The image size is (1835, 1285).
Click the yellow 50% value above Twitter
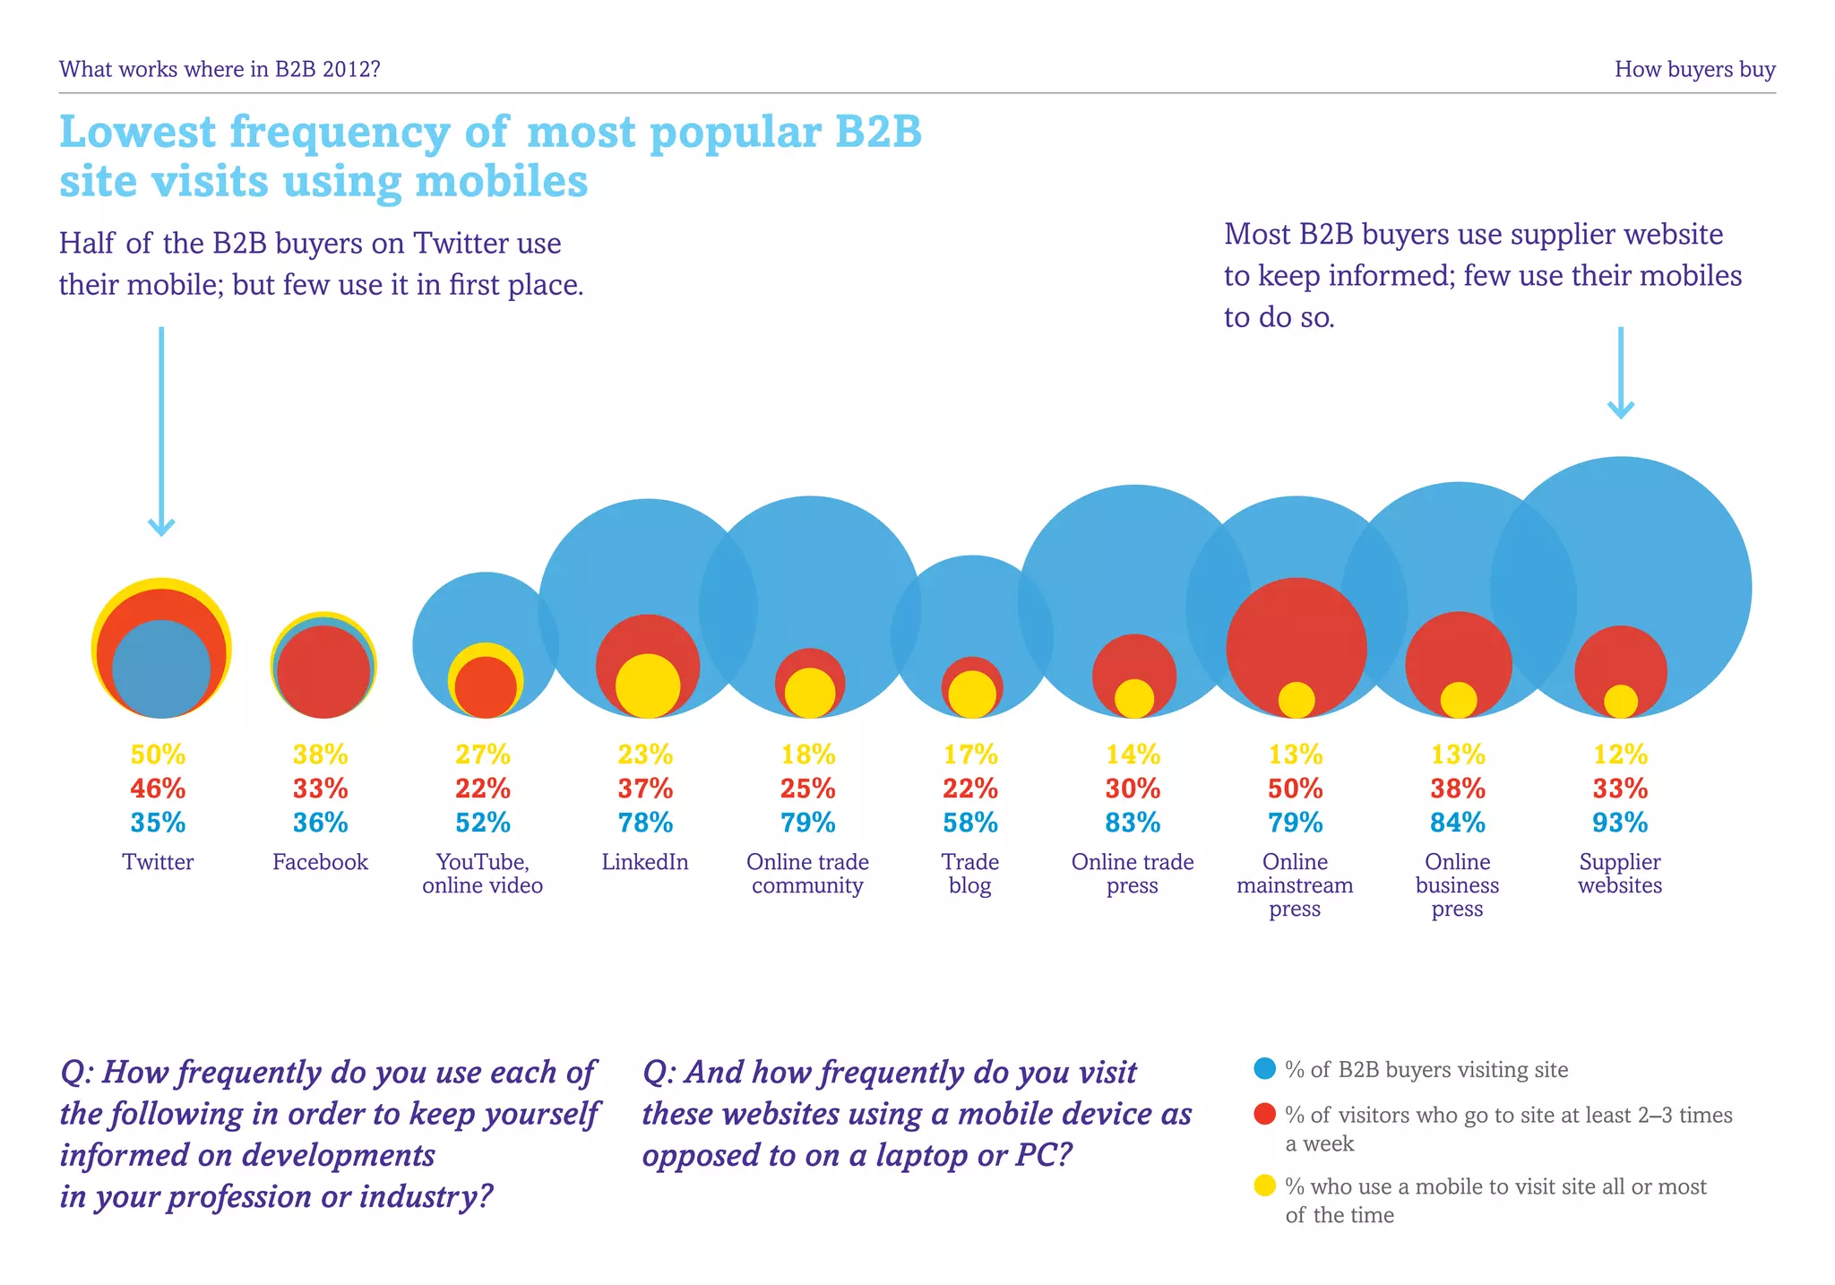[x=158, y=755]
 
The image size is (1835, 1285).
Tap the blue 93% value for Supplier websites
[x=1620, y=823]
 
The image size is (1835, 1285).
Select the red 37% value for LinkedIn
[x=645, y=789]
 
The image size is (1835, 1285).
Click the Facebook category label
[x=320, y=862]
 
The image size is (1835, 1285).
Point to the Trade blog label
[x=970, y=874]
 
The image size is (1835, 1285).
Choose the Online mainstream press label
[x=1295, y=885]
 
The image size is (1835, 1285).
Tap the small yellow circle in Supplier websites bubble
[x=1620, y=702]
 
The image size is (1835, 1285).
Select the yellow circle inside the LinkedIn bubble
[x=647, y=686]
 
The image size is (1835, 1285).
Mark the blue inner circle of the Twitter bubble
[x=161, y=668]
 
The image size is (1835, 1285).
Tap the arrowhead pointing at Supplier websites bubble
[x=1620, y=410]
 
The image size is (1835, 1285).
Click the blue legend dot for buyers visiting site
[x=1264, y=1068]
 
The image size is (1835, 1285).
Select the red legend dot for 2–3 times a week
[x=1264, y=1114]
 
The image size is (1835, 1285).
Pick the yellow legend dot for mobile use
[x=1264, y=1186]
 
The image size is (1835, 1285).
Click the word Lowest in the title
[x=137, y=132]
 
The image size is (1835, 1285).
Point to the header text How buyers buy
[x=1694, y=69]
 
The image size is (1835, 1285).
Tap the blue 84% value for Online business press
[x=1458, y=823]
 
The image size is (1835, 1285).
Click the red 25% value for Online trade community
[x=808, y=789]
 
